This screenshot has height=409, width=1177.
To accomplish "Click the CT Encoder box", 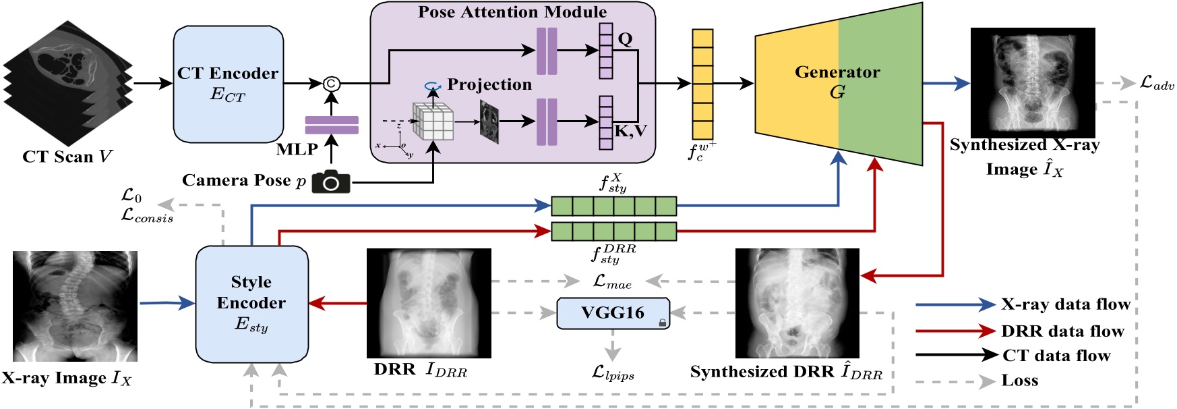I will pos(228,84).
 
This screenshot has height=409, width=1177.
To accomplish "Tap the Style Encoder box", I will pos(251,304).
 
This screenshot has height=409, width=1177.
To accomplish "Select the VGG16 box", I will pos(613,313).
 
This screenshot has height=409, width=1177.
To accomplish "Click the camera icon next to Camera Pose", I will pos(331,181).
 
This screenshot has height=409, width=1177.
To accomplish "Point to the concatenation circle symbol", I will pos(331,84).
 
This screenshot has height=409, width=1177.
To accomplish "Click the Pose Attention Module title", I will pos(512,12).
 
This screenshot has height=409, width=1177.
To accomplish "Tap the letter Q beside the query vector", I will pos(625,39).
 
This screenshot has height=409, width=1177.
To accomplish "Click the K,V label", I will pos(630,131).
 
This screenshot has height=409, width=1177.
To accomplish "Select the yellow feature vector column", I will pos(702,84).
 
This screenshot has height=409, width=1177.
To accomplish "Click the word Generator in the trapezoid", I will pos(837,72).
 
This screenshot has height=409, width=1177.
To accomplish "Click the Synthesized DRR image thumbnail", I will pos(797,303).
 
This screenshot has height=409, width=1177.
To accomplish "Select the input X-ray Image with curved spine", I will pos(75,306).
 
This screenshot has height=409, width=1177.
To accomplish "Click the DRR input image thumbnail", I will pos(429,303).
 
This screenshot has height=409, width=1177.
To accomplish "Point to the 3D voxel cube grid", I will pos(433,122).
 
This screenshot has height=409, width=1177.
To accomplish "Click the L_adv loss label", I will pos(1157,84).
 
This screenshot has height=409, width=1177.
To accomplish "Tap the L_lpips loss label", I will pos(613,373).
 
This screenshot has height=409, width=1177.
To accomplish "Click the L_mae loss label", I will pos(612,281).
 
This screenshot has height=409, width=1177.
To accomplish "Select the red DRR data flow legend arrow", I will pos(955,331).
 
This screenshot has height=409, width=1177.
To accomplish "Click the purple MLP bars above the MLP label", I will pos(331,126).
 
